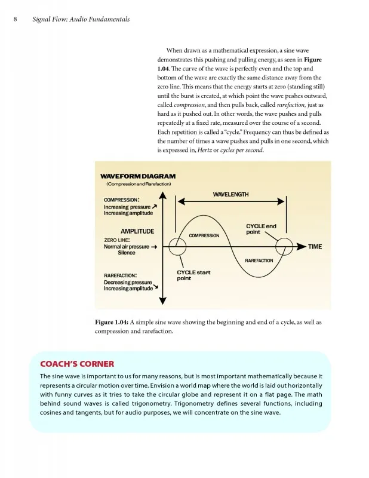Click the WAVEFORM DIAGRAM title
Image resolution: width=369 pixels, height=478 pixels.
138,176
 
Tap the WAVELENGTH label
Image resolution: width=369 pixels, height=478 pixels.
230,195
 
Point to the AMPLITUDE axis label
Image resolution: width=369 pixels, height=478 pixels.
137,231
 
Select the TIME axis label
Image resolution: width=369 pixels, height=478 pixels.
315,246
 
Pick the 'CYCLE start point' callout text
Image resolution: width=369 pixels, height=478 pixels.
193,275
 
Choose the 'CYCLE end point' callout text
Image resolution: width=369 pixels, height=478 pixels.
261,229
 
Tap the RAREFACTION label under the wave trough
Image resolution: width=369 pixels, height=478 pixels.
259,261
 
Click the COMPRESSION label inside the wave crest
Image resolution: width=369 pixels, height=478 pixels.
204,236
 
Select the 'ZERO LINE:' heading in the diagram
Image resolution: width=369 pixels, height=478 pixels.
117,240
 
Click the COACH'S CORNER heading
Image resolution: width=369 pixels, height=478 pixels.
76,364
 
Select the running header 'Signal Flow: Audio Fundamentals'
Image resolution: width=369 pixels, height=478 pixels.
81,20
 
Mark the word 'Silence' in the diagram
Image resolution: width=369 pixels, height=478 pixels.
127,253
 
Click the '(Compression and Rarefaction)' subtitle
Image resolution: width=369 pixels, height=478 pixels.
139,184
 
